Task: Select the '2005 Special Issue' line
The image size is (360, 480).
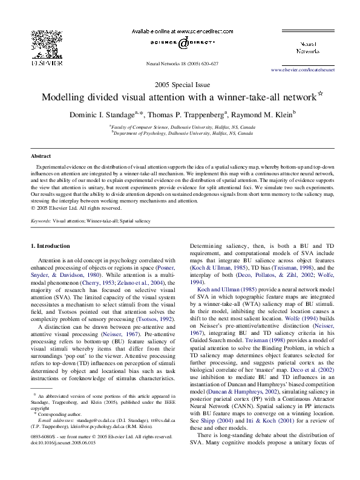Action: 180,84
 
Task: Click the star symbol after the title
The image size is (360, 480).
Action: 321,95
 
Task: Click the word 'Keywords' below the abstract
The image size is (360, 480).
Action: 41,222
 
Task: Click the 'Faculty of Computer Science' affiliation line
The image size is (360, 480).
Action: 182,127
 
